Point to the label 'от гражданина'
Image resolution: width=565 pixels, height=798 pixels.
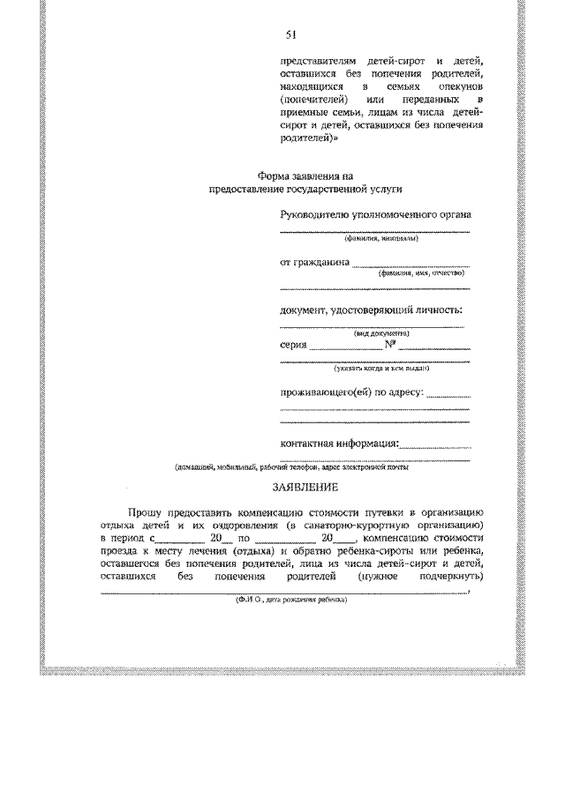315,262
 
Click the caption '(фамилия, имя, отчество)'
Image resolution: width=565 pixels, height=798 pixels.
420,273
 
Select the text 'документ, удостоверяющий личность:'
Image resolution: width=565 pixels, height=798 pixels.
371,310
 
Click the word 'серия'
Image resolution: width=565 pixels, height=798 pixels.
293,345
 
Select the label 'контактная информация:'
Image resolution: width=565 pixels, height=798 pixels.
339,443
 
